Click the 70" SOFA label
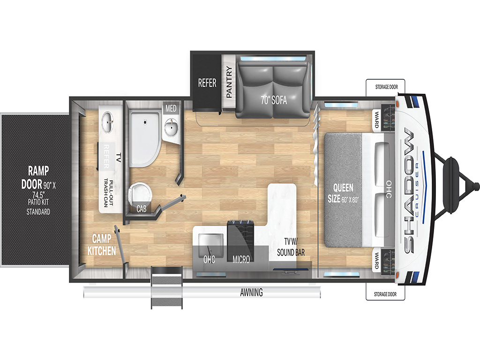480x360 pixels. [x=274, y=100]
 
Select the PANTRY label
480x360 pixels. [x=229, y=82]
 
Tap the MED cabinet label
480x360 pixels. [x=171, y=108]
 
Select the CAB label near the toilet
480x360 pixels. [x=142, y=209]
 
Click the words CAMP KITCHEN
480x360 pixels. [x=102, y=245]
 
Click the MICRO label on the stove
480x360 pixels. [x=241, y=260]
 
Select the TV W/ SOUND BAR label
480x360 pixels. [x=291, y=247]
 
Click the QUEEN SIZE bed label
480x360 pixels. [x=343, y=193]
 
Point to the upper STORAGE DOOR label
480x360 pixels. [x=386, y=87]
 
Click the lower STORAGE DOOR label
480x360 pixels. [x=385, y=294]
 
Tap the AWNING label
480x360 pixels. [x=251, y=292]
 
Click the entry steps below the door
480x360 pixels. [x=167, y=287]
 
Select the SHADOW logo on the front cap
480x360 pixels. [x=410, y=190]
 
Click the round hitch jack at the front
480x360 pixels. [x=451, y=185]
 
